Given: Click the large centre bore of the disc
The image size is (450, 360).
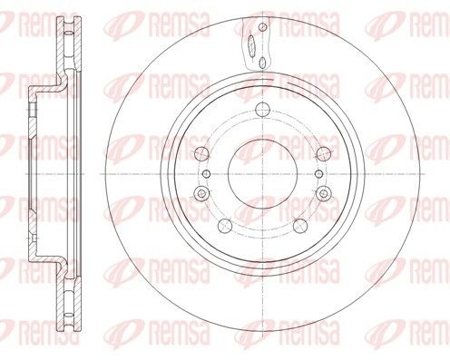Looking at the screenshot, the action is coord(262,174).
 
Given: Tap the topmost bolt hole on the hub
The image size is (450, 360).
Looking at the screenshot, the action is coord(262,109).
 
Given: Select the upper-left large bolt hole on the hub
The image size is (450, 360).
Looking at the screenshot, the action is coord(201,154).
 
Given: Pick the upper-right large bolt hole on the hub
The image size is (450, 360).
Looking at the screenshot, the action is coord(324,154).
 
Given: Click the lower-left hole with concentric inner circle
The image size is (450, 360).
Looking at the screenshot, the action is coord(201,193).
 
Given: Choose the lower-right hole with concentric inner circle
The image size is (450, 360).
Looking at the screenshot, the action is coord(324,193).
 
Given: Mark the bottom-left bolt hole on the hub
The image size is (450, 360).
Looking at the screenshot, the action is coord(225,226).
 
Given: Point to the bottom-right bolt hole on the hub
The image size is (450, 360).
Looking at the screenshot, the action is coord(300,226).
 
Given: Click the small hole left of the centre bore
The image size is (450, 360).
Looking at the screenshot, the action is coord(206,174).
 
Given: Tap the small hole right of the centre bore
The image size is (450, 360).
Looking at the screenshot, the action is coord(319,174).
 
